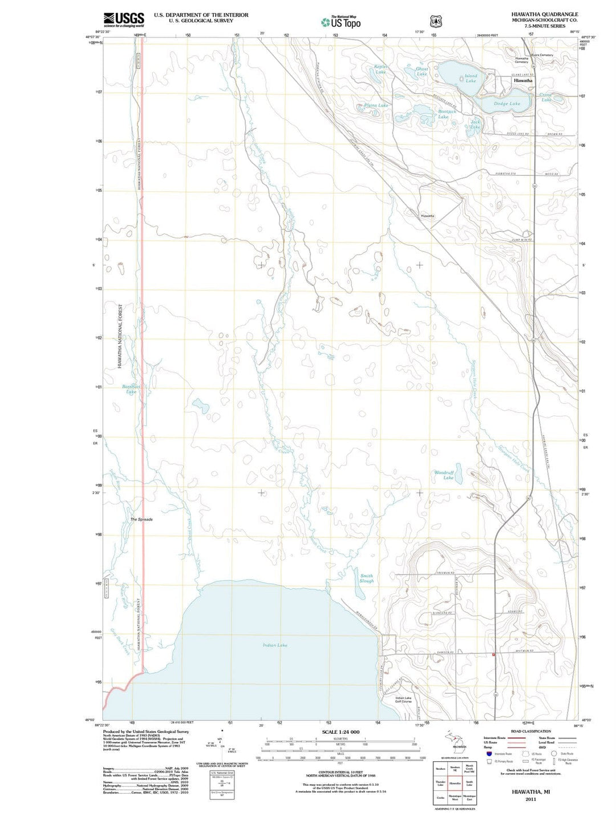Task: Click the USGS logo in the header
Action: [124, 20]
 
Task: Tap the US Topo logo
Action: [341, 22]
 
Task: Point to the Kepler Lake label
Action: [380, 69]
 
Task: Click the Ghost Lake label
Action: [422, 71]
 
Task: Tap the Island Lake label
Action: [471, 78]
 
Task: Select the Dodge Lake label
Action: [506, 104]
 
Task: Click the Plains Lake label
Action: [376, 106]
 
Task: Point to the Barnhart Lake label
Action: [131, 389]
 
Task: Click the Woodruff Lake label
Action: [444, 475]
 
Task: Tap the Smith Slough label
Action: [367, 578]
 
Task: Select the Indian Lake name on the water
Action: [275, 645]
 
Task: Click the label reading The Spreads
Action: [141, 520]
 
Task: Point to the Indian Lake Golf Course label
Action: [403, 700]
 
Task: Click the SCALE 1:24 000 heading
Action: [341, 732]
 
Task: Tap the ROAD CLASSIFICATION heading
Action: [531, 731]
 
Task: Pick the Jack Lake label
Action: [475, 124]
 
